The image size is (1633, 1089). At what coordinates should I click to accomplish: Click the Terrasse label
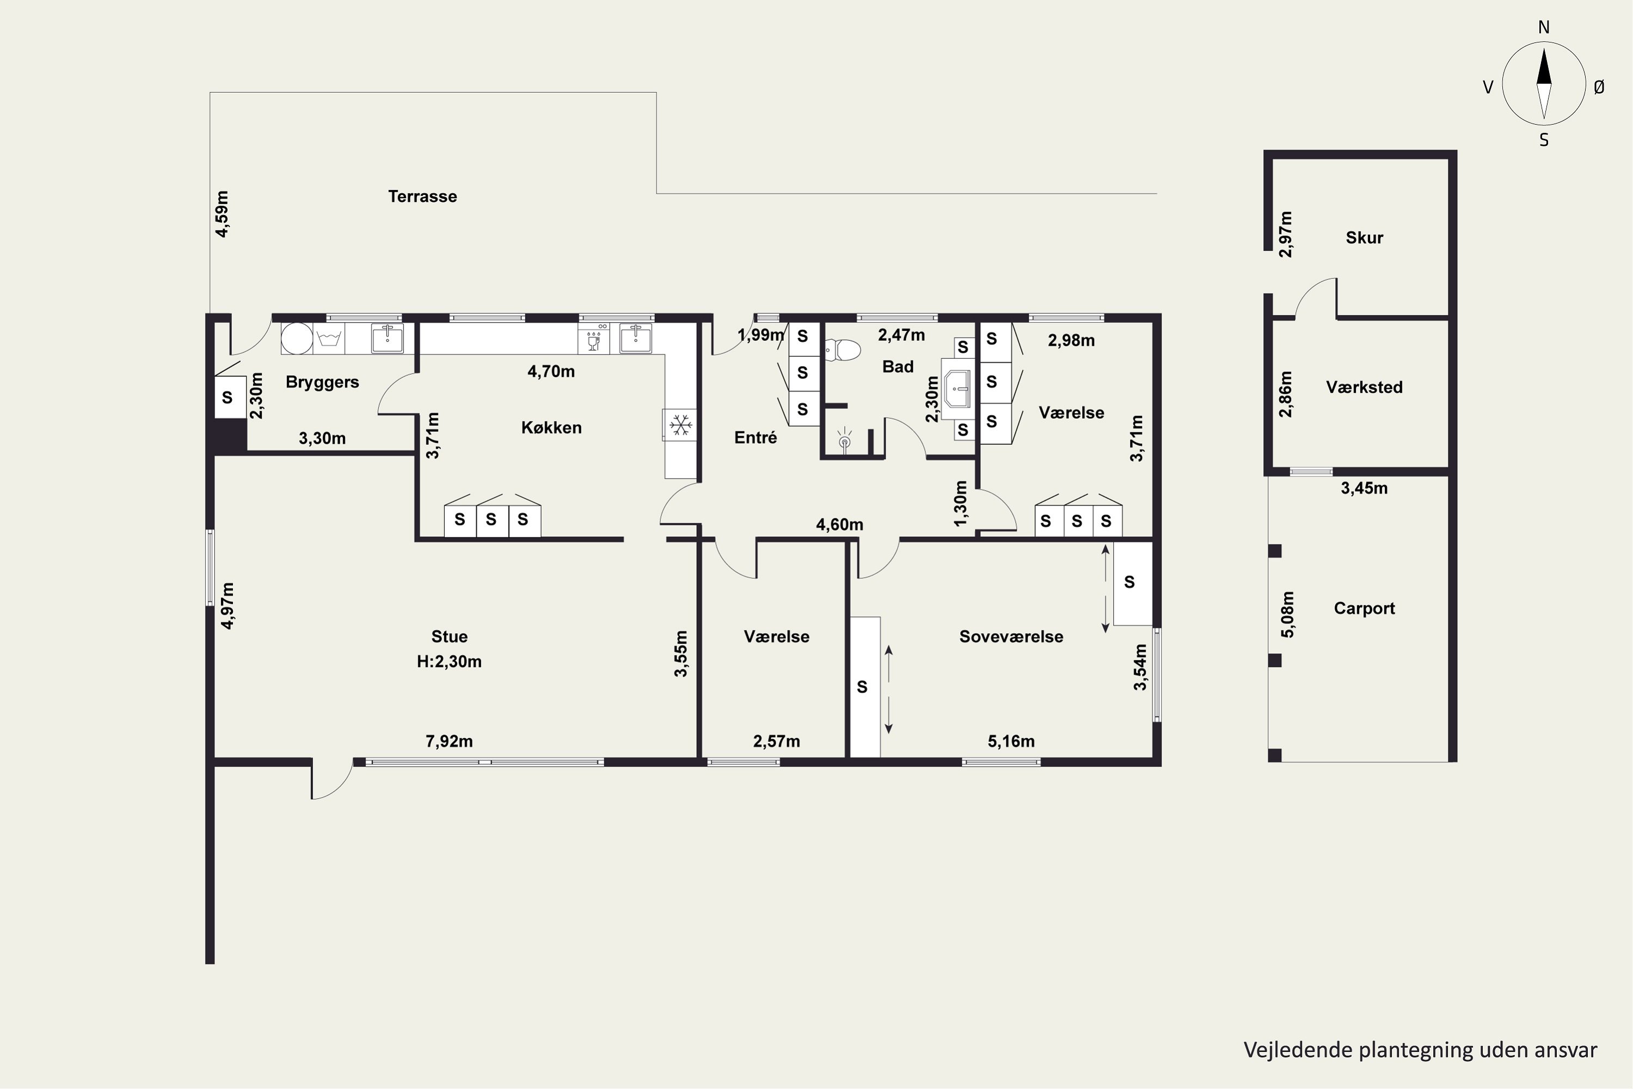tap(422, 197)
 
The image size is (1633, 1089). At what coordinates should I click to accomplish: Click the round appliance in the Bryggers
tap(297, 338)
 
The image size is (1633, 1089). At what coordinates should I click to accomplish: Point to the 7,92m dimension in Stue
tap(449, 741)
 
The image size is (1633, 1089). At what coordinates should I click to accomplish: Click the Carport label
tap(1364, 608)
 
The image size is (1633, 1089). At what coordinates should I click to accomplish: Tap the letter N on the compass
tap(1543, 27)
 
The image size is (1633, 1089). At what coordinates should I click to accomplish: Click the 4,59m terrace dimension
tap(222, 214)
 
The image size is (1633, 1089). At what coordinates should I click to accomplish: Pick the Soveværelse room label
tap(1011, 637)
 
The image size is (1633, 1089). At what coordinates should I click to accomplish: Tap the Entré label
tap(756, 438)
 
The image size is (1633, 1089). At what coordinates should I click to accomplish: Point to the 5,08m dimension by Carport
tap(1287, 614)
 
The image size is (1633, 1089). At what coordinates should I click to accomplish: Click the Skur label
tap(1364, 237)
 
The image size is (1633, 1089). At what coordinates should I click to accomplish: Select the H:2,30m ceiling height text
tap(449, 661)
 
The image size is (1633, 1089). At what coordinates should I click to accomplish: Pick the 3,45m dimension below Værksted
tap(1364, 488)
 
